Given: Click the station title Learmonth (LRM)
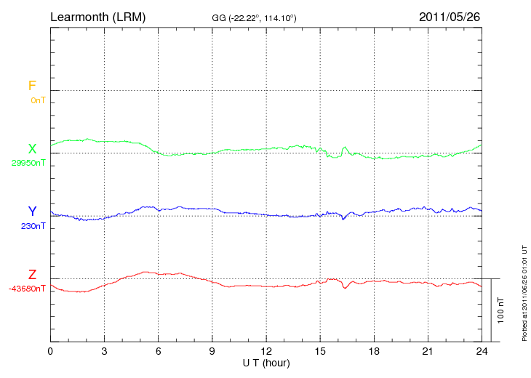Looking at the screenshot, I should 97,16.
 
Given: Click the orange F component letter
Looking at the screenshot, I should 32,86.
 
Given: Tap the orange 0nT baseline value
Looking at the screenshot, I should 38,100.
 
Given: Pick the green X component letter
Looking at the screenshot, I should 32,149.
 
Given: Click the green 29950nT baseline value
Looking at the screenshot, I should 28,163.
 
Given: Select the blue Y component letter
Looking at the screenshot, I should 32,212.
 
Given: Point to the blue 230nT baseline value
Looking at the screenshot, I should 33,226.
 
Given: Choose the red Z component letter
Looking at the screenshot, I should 32,275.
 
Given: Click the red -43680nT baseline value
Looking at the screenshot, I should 27,289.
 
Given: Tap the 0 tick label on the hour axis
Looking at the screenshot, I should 50,351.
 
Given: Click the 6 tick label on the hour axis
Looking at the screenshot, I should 159,351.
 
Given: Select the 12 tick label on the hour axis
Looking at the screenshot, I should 266,351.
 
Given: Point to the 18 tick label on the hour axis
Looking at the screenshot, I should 374,351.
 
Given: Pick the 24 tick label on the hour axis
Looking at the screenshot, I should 482,351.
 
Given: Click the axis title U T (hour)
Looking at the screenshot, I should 266,362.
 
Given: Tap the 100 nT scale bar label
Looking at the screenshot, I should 501,310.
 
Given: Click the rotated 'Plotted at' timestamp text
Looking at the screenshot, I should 524,291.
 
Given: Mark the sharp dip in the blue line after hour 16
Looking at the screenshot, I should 343,218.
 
